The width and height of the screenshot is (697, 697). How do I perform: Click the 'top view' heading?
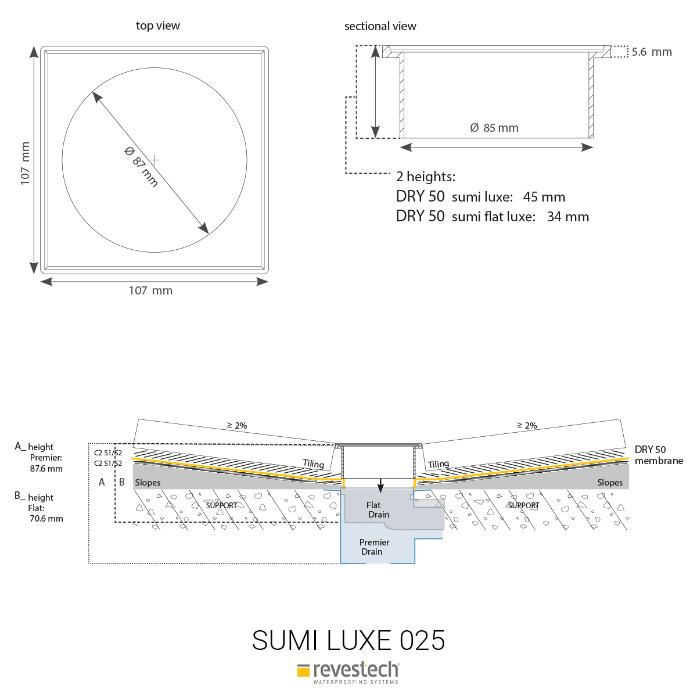coord(157,26)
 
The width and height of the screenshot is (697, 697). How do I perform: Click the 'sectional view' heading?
coord(380,26)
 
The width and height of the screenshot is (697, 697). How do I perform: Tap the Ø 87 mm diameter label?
coord(141,167)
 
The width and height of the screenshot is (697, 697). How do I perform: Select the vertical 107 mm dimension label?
coord(25,164)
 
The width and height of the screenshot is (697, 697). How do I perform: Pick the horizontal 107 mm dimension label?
coord(150,290)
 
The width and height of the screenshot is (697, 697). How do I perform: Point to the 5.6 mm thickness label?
coord(651,52)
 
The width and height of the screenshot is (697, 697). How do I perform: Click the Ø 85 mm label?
coord(494,128)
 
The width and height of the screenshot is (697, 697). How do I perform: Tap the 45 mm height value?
coord(544,197)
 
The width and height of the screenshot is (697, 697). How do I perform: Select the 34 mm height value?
coord(567,217)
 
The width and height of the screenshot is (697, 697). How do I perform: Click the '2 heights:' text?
coord(425,177)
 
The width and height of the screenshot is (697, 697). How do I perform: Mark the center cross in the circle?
coord(155,159)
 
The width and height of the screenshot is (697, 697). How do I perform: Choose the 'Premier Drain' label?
coord(374,547)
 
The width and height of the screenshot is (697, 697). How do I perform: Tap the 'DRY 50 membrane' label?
coord(658,455)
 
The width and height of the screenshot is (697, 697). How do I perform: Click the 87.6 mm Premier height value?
coord(46,468)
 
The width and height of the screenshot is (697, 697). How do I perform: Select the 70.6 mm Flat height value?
coord(46,518)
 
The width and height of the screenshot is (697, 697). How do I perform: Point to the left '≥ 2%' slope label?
coord(236,425)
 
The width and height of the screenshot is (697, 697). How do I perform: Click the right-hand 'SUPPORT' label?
coord(523,505)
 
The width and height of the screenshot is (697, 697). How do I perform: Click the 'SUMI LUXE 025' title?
coord(348,640)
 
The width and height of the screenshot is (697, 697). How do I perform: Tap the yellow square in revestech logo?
coord(303,671)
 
